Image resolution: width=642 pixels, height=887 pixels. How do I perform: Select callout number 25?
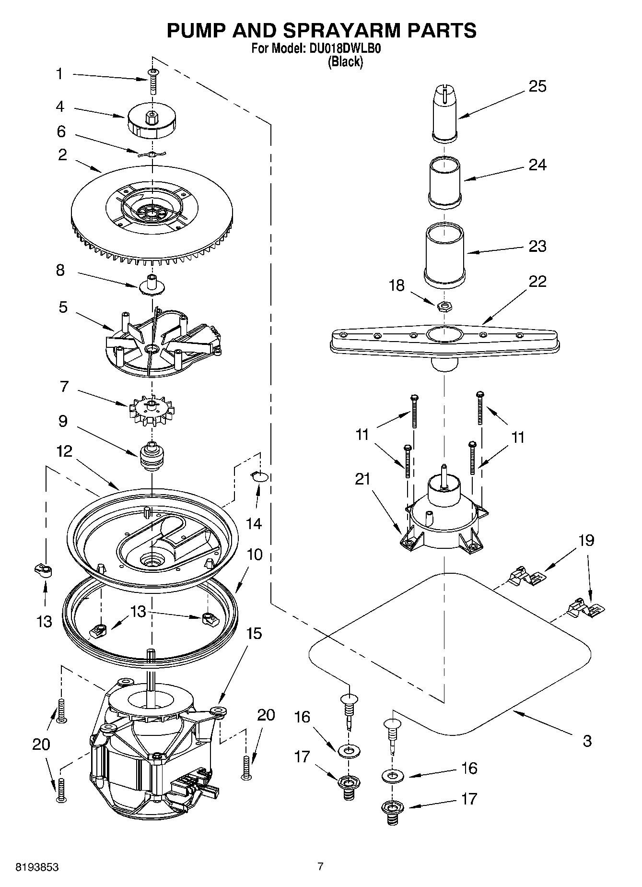[537, 86]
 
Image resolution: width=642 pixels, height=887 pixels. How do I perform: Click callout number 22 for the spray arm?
[537, 281]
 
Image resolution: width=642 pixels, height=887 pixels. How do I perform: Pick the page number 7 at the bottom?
[320, 866]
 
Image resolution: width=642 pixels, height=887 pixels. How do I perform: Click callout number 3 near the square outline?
[587, 741]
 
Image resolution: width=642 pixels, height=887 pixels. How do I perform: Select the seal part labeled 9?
[152, 456]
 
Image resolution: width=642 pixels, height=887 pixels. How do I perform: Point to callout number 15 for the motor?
[254, 634]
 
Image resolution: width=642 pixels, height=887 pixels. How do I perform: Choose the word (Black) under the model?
[345, 61]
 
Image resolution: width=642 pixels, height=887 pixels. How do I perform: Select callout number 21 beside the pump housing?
[362, 479]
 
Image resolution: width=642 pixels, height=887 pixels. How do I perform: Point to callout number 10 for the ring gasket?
[255, 555]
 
